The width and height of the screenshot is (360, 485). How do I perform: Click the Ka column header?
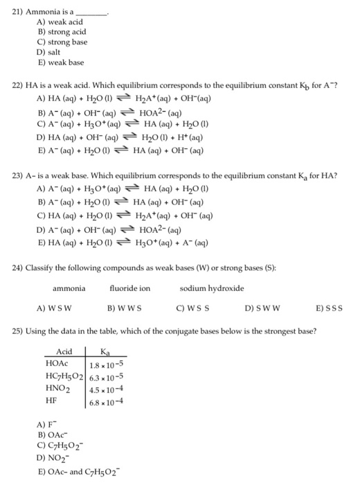pyautogui.click(x=105, y=352)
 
